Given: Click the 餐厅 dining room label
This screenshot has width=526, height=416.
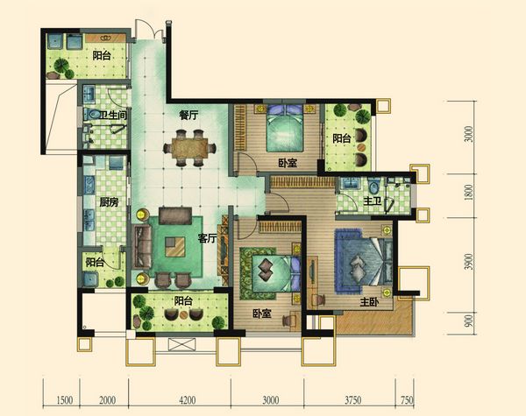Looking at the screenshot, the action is coord(188,116).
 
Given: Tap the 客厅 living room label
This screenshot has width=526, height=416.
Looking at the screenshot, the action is coord(207,238).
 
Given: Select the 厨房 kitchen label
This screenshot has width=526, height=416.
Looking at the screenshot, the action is coord(109,201).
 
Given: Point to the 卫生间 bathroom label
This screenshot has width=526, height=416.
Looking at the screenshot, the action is coord(113,116).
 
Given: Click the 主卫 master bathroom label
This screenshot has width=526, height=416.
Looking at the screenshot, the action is coord(373,201).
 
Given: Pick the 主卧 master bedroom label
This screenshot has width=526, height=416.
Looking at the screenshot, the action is coord(369,302).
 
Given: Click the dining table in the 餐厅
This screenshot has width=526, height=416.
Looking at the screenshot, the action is coord(190,148).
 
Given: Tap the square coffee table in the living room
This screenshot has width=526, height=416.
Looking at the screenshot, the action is coord(175,247).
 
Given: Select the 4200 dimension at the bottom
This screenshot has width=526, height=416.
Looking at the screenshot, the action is coord(188,400).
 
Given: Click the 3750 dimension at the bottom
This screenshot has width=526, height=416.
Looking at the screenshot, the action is coord(353,400).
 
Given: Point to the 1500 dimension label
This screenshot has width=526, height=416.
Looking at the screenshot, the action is coord(64,400).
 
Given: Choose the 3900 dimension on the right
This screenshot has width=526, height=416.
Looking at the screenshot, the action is coord(469,262).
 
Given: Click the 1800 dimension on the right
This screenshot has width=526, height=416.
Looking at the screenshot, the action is coord(469,193).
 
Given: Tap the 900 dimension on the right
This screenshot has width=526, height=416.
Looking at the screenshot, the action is coord(469,321).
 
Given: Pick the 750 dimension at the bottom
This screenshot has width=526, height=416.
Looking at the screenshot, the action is coord(407,400).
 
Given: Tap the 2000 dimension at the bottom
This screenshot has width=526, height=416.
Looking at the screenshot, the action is coord(107,400).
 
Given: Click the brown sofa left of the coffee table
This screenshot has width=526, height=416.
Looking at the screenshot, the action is coord(143,247).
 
